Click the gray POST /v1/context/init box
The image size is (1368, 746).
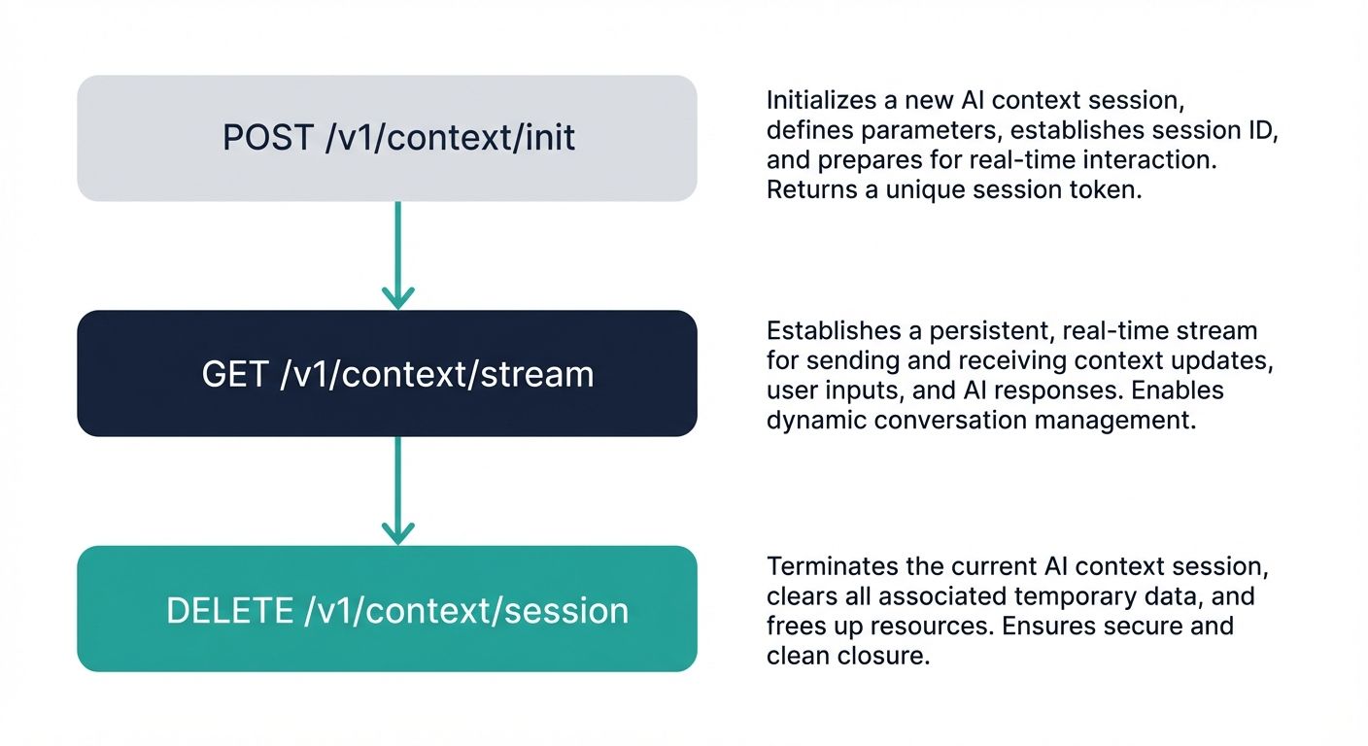387,138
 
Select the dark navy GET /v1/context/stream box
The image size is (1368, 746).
387,373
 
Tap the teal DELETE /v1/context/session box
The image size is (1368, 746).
387,609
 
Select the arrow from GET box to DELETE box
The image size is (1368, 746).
397,490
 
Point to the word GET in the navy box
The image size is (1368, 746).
235,374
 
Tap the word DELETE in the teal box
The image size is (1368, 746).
229,610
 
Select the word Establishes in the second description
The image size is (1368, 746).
829,331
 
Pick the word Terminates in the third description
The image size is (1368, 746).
827,565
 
